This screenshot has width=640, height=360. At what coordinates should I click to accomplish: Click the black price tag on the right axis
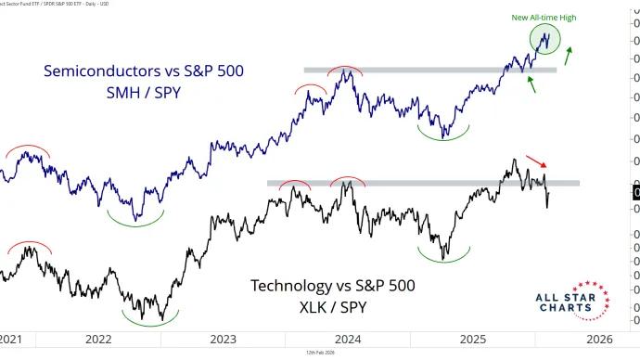(635, 192)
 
